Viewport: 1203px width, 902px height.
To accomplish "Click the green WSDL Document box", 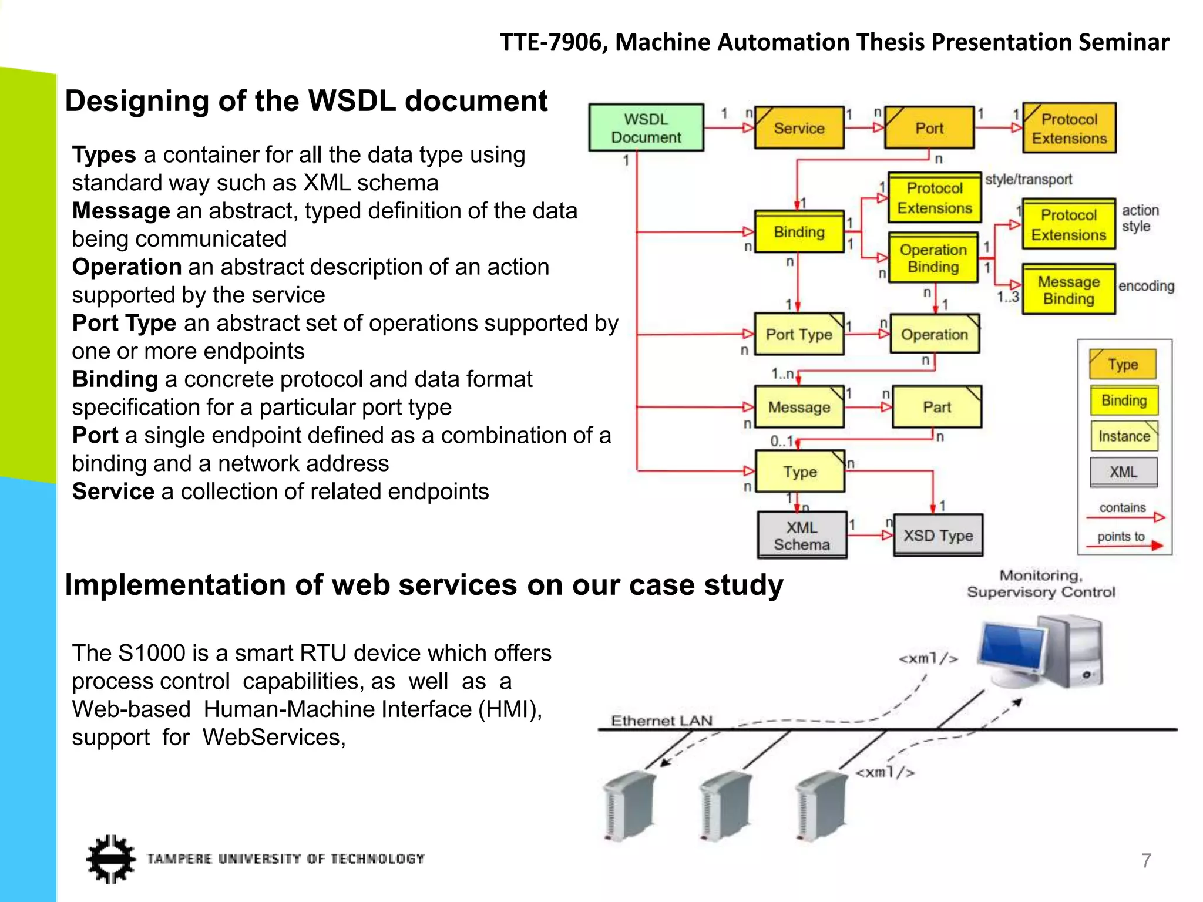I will click(646, 128).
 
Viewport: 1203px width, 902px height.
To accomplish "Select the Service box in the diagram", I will click(799, 128).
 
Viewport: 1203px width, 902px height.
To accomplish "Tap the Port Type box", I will click(799, 334).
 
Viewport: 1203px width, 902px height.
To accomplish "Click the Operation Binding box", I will click(933, 258).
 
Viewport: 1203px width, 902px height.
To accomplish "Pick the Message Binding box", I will click(1068, 290).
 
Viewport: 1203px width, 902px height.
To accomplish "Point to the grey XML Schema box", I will click(802, 536).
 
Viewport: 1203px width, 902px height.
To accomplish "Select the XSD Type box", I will click(937, 536).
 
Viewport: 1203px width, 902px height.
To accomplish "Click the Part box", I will click(936, 407).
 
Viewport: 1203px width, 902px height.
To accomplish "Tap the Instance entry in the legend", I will click(1124, 436).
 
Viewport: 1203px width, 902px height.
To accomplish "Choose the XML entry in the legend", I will click(1123, 472).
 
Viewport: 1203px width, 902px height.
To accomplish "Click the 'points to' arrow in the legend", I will click(1125, 546).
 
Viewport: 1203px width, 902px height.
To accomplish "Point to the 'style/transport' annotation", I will click(1028, 180).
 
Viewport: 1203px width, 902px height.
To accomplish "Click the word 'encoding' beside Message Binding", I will click(1145, 286).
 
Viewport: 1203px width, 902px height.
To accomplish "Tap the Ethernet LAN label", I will click(661, 721).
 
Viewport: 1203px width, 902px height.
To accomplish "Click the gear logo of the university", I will click(110, 859).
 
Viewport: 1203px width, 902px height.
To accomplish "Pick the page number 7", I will click(1146, 860).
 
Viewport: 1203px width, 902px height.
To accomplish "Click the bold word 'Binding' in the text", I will click(115, 379).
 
